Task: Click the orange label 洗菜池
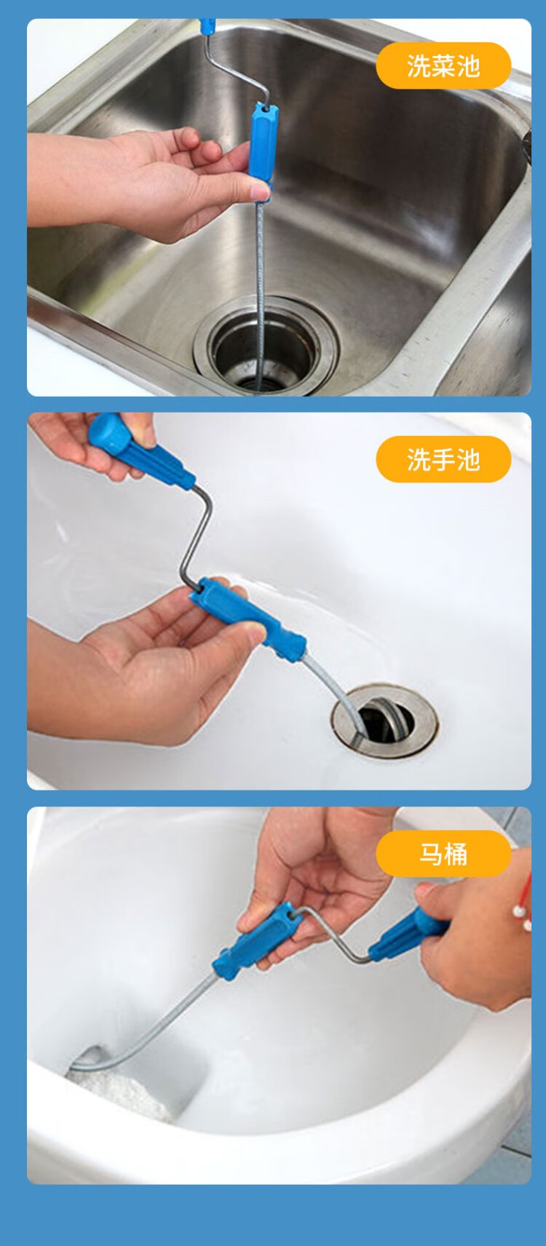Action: point(443,66)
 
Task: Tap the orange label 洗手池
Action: point(443,459)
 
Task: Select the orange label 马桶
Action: point(443,853)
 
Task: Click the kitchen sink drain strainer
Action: point(266,350)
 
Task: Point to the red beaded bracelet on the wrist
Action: point(523,902)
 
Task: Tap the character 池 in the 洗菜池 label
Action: point(467,66)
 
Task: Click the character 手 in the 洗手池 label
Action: point(443,459)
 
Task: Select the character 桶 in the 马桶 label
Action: point(456,853)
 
